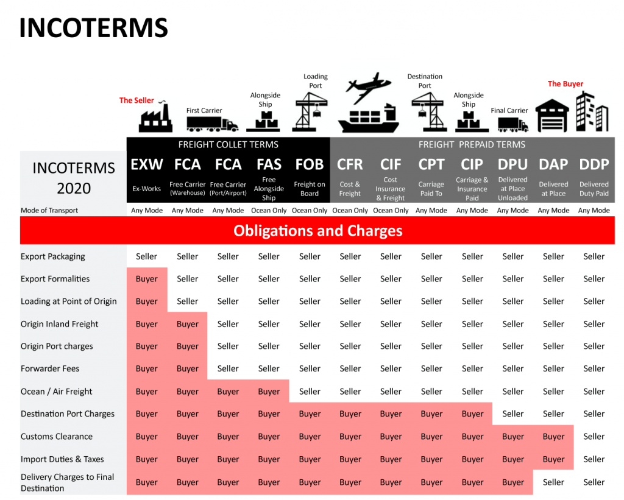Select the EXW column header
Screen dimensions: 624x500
[x=147, y=164]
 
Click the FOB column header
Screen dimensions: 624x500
[x=310, y=164]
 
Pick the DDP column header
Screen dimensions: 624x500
[x=594, y=164]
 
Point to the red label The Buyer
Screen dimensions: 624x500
[x=565, y=84]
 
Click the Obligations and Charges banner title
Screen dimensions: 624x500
[x=317, y=231]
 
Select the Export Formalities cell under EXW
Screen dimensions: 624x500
[x=147, y=279]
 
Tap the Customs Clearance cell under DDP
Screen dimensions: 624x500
[x=594, y=436]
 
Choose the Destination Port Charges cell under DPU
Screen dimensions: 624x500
[x=513, y=414]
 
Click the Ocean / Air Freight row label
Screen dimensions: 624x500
[x=57, y=392]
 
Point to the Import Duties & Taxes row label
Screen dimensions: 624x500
[x=63, y=459]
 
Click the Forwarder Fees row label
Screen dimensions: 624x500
[x=50, y=368]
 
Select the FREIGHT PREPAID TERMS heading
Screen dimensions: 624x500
[x=472, y=145]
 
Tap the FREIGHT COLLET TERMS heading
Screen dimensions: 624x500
[x=229, y=145]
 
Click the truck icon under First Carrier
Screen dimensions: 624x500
[x=213, y=124]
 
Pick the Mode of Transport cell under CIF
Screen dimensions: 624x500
[x=391, y=211]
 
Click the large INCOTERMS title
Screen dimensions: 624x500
[x=93, y=28]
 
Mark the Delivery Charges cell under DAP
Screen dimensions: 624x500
[x=553, y=482]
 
